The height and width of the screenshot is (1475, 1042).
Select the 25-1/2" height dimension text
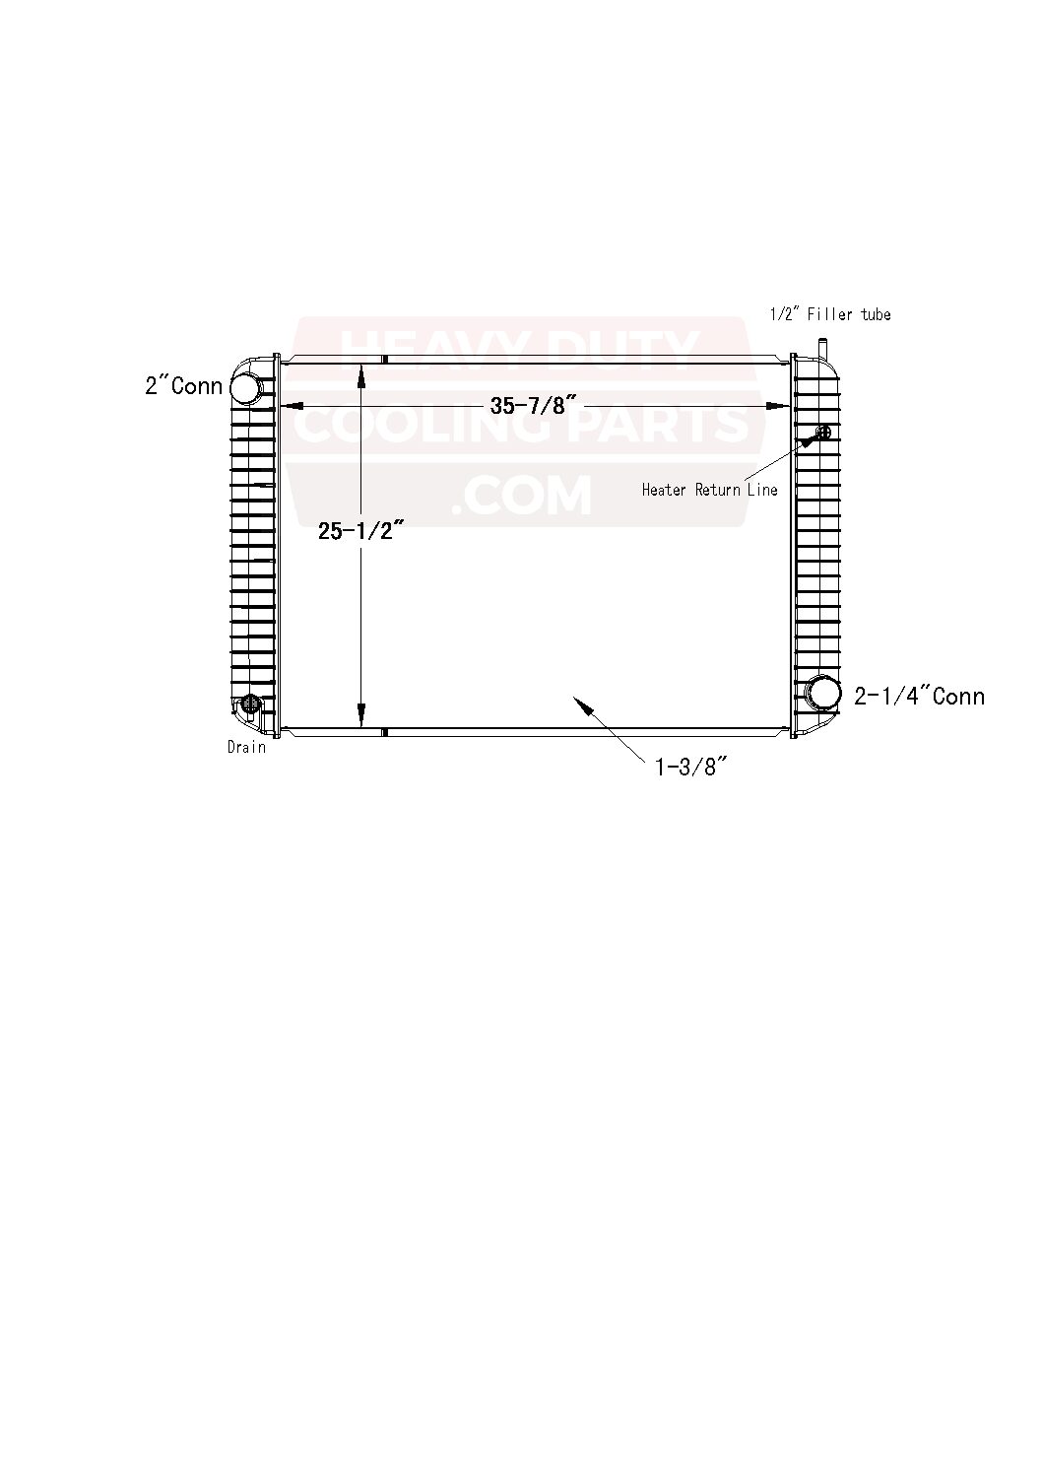[360, 530]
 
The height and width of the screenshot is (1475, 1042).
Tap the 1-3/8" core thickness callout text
[690, 767]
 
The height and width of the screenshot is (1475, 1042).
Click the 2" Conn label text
[183, 385]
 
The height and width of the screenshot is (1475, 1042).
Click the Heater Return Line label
[709, 490]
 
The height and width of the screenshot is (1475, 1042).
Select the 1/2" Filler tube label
[830, 314]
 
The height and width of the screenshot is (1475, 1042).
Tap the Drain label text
[247, 747]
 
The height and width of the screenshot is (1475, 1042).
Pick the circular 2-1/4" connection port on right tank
[823, 693]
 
